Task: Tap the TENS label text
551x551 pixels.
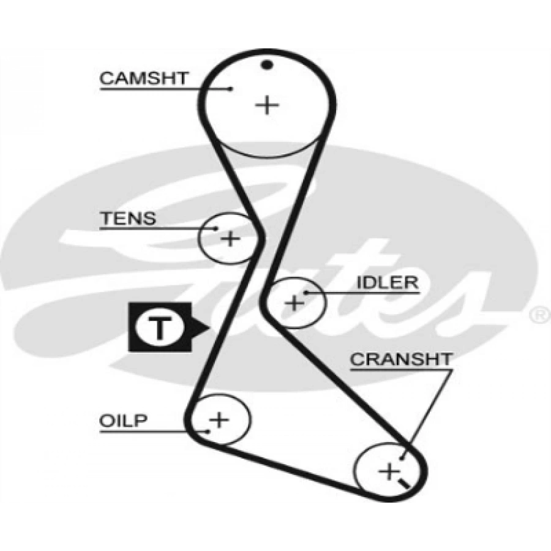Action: (128, 219)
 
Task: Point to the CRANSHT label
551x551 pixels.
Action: (401, 359)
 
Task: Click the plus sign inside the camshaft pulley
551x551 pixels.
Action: (267, 105)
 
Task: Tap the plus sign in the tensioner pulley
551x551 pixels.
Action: (230, 238)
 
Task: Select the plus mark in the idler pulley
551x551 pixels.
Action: (295, 302)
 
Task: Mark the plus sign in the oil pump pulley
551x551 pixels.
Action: (219, 420)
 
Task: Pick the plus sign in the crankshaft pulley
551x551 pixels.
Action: (388, 471)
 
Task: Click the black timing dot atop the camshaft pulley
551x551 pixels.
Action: (266, 64)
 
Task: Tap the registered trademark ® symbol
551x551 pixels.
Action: (539, 315)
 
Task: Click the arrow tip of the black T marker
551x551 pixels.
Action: (209, 328)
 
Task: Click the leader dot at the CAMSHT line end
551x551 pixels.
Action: (230, 89)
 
